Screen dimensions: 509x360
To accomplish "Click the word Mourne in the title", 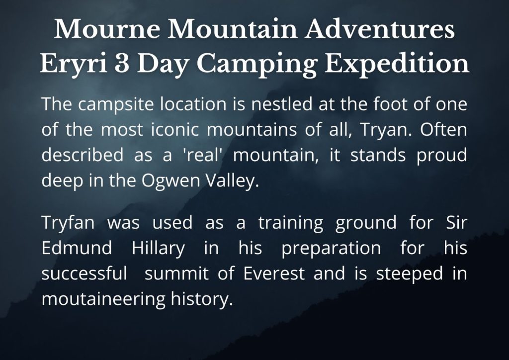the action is coord(107,29).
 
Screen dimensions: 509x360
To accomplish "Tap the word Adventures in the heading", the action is coord(380,29).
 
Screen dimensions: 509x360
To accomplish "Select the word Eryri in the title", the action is coord(74,64).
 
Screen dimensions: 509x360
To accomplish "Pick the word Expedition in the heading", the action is coord(397,64).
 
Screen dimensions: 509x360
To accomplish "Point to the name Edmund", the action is coord(77,248).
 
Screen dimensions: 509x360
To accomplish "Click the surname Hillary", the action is coord(159,249).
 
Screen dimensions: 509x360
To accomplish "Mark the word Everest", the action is coord(274,273).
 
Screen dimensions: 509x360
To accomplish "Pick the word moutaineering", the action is coord(103,299).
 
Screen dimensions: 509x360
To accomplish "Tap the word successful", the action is coord(85,273).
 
